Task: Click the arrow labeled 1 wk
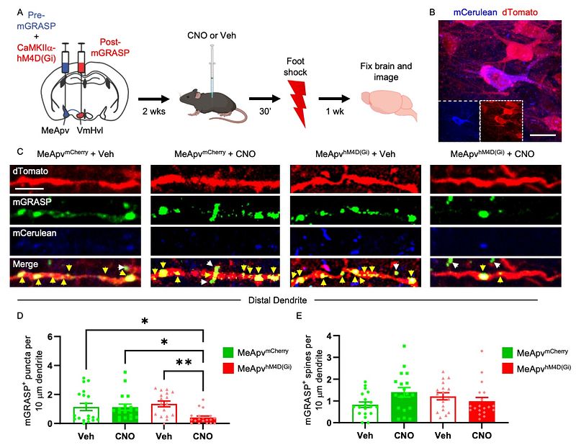point(333,100)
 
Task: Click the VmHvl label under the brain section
point(91,132)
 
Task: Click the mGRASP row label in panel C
point(27,203)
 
